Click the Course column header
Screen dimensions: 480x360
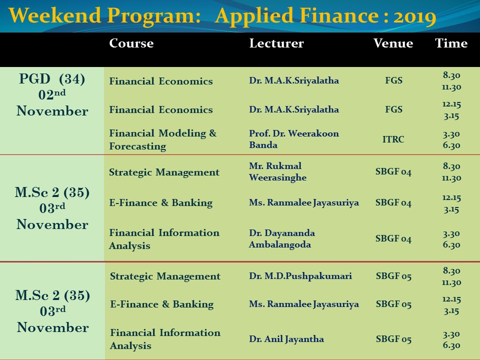pyautogui.click(x=131, y=43)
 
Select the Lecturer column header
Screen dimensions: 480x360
pyautogui.click(x=276, y=43)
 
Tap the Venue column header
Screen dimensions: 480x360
pyautogui.click(x=393, y=43)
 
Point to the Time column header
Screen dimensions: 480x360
pyautogui.click(x=451, y=43)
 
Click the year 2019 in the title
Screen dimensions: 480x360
pyautogui.click(x=415, y=16)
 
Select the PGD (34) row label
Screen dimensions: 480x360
pyautogui.click(x=52, y=79)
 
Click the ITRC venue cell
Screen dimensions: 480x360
pyautogui.click(x=393, y=139)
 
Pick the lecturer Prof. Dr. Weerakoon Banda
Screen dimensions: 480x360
pyautogui.click(x=294, y=139)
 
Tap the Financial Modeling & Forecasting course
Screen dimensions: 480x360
pyautogui.click(x=163, y=139)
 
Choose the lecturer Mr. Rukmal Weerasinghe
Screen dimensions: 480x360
pyautogui.click(x=277, y=171)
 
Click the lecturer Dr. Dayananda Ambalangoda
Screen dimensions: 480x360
pyautogui.click(x=281, y=239)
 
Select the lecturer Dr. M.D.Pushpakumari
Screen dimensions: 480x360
pyautogui.click(x=300, y=276)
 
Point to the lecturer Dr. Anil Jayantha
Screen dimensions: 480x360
pyautogui.click(x=286, y=339)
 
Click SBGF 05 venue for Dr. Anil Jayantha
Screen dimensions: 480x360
pyautogui.click(x=393, y=339)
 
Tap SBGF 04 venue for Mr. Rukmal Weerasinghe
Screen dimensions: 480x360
pyautogui.click(x=393, y=171)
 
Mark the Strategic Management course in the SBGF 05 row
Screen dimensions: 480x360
pyautogui.click(x=165, y=276)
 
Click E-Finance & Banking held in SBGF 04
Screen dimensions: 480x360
pyautogui.click(x=161, y=203)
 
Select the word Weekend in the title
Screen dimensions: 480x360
pyautogui.click(x=55, y=16)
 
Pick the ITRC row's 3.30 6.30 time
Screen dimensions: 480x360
pyautogui.click(x=451, y=139)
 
